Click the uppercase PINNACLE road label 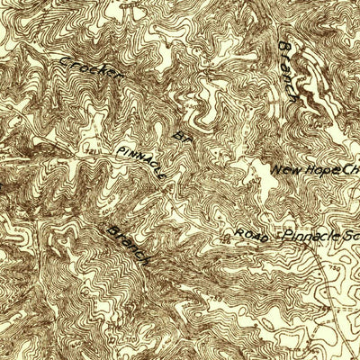click(x=139, y=161)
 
